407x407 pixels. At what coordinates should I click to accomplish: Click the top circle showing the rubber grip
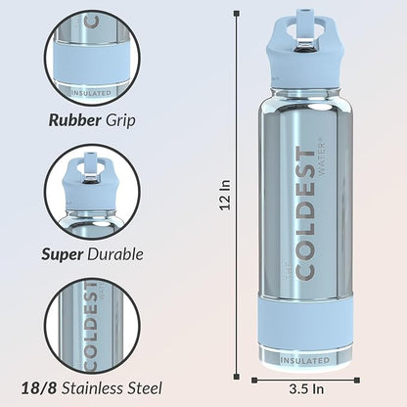pyautogui.click(x=92, y=55)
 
